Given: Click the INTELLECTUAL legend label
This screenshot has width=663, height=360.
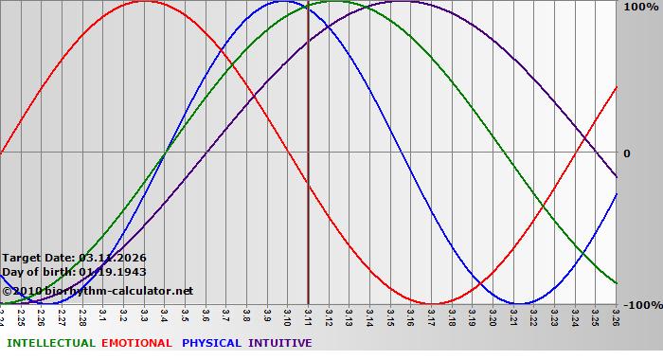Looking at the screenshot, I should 50,343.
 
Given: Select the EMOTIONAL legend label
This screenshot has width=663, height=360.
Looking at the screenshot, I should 136,343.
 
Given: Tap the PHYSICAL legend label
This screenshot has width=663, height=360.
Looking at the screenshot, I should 211,343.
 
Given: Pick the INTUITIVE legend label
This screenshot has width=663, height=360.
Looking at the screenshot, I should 279,343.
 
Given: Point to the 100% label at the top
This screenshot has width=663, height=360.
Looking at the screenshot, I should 640,7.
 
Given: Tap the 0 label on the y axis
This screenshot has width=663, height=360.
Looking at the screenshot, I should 626,153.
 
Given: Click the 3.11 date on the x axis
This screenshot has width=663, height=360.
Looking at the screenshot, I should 308,315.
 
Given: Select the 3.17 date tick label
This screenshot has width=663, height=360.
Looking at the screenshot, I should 431,315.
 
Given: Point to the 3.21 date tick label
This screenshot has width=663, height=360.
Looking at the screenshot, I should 512,315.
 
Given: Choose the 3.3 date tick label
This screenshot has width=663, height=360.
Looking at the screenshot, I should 144,315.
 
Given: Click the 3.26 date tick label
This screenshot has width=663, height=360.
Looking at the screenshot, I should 615,315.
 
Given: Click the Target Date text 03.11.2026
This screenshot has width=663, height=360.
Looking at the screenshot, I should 113,258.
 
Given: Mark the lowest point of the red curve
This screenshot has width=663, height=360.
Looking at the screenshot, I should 432,304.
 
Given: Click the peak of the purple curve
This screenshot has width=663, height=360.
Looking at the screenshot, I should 401,1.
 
